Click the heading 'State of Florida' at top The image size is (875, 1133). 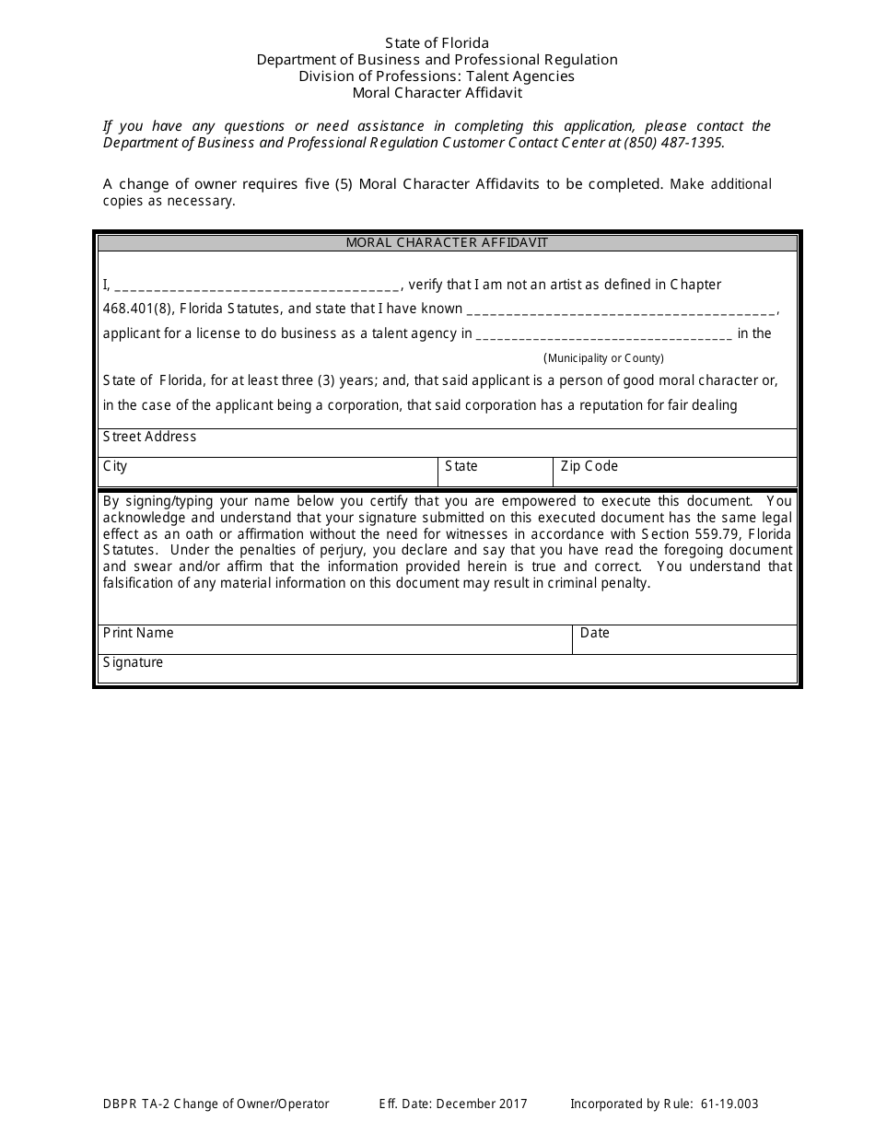pyautogui.click(x=437, y=43)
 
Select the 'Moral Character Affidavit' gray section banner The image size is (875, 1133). pyautogui.click(x=447, y=243)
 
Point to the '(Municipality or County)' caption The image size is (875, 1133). pyautogui.click(x=603, y=358)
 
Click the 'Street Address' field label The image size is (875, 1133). pyautogui.click(x=149, y=437)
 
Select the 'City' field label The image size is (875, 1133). pyautogui.click(x=115, y=466)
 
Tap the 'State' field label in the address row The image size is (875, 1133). pyautogui.click(x=461, y=466)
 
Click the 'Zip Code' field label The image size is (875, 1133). pyautogui.click(x=589, y=466)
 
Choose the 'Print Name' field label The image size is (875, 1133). pyautogui.click(x=138, y=633)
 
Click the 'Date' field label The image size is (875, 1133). pyautogui.click(x=595, y=633)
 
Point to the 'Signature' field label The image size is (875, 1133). pyautogui.click(x=133, y=662)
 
